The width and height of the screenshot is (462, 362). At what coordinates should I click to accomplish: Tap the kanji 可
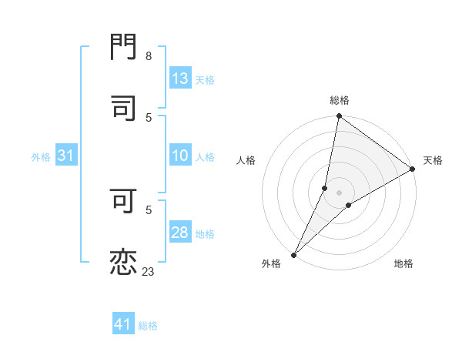click(x=124, y=201)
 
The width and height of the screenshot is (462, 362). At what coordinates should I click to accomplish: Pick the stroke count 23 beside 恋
click(x=149, y=271)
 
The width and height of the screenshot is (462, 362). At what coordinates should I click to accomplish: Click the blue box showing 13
click(x=180, y=79)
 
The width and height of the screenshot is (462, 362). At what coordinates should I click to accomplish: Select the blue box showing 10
click(x=180, y=156)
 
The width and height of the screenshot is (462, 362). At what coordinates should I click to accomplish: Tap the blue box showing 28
click(x=180, y=233)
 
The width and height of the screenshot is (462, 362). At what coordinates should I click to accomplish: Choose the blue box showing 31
click(x=66, y=156)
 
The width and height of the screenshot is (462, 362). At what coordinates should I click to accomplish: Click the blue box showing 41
click(x=123, y=325)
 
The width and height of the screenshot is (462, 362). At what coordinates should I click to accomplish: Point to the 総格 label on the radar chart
click(x=340, y=100)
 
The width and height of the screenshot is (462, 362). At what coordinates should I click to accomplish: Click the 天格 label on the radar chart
click(x=433, y=160)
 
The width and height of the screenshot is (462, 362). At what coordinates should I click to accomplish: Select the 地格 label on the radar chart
click(x=403, y=263)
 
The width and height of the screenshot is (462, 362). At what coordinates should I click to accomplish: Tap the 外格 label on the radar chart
click(x=271, y=263)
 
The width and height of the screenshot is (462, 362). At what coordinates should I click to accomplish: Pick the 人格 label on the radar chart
click(x=246, y=160)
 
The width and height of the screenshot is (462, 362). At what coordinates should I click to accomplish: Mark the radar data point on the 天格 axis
click(x=413, y=169)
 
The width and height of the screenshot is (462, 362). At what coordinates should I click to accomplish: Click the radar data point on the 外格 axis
click(x=294, y=254)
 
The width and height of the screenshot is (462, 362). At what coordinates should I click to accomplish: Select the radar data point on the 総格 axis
click(x=340, y=117)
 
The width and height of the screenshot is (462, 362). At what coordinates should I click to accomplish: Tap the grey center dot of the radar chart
click(x=340, y=193)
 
